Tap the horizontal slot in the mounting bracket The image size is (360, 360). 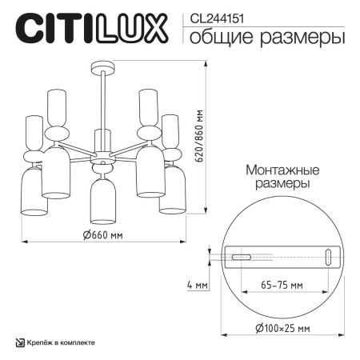click(242, 257)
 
